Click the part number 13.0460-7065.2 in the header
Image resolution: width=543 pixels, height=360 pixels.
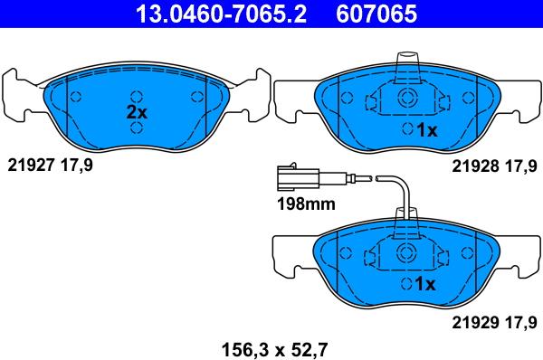tap(222, 14)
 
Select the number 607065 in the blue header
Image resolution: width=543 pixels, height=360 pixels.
tap(376, 14)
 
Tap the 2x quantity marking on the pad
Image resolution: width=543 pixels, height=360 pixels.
tap(137, 112)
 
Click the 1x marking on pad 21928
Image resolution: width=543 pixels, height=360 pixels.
tap(427, 130)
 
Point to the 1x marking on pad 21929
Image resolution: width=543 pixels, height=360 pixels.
tap(425, 284)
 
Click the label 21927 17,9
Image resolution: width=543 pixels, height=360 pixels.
tap(50, 166)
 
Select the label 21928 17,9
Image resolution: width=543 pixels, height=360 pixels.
tap(494, 166)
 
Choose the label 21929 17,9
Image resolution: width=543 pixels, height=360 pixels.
tap(494, 323)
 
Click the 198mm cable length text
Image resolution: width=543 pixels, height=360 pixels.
tap(306, 204)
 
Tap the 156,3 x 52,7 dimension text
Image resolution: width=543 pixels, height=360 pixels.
tap(274, 350)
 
